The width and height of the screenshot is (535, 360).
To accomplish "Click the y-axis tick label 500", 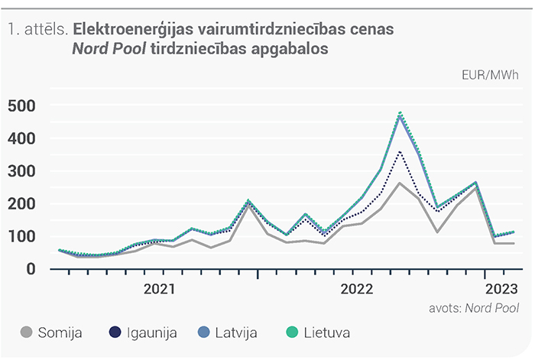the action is coord(21,106).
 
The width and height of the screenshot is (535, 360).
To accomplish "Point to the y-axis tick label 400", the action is coord(21,139).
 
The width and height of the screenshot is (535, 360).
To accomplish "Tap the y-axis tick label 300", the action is coord(21,171).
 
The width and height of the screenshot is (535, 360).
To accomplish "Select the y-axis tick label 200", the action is coord(21,204).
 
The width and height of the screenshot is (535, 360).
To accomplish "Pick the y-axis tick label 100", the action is coord(21,236).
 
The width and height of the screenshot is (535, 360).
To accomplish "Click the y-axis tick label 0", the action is coord(31,269).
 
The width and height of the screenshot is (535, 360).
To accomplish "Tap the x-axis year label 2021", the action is coord(159,289).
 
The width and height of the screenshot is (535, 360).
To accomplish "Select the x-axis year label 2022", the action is coord(357,289).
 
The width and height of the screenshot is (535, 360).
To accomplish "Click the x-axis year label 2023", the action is coord(501,289).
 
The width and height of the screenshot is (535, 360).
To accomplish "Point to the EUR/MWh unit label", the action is coord(490,75).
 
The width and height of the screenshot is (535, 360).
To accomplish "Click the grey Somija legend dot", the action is coord(26,332).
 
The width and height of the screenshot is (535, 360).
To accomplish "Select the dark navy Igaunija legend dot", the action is coord(115,332).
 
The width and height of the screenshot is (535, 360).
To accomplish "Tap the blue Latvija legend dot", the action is coord(204,332).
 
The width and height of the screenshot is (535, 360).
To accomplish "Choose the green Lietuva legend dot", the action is coord(292,332).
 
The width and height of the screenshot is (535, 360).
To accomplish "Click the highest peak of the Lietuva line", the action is coord(400,112).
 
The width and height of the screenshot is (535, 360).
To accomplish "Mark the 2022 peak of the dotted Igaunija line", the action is coord(400,151).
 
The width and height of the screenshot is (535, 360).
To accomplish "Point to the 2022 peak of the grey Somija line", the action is coord(400,183).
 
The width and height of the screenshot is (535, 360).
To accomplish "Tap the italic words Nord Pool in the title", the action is coord(109,49).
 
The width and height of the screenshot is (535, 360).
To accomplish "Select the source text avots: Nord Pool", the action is coord(474,308).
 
